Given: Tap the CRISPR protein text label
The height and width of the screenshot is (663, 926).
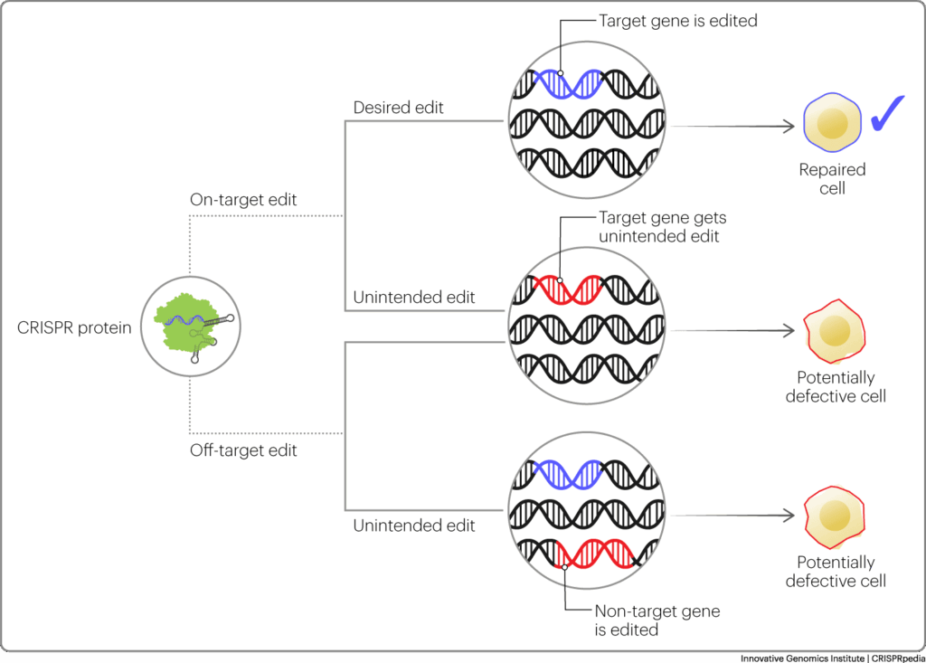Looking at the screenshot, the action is (x=74, y=327).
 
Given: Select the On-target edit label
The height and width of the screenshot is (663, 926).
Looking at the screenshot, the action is (x=243, y=200).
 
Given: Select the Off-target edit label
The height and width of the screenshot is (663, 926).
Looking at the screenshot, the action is (x=243, y=450).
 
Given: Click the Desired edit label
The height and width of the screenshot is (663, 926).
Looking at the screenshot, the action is (x=398, y=108).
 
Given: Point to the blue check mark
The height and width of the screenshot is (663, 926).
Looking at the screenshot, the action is (x=887, y=112).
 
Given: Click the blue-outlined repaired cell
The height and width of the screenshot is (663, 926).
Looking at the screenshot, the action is (x=832, y=122).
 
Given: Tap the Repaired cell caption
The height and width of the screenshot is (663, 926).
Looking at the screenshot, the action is (x=832, y=178).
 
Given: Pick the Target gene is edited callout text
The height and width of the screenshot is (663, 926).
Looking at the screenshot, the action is (x=678, y=21).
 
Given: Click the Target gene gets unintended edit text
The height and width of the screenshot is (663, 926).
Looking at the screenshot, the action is (x=663, y=227).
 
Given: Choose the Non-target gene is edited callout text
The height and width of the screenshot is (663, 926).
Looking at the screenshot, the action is (x=657, y=620).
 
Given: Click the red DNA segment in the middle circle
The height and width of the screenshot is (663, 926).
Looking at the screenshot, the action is (x=568, y=289).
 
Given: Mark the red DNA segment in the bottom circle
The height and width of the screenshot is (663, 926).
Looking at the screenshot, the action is (x=596, y=554).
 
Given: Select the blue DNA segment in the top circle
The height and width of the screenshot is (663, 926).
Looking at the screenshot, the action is (x=568, y=83).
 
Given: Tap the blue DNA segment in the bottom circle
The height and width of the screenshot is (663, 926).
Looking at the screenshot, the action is (x=568, y=474).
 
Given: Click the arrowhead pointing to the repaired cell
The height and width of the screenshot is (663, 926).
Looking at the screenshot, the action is (x=789, y=126).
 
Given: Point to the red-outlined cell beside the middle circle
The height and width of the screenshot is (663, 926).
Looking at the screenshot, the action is (x=834, y=331).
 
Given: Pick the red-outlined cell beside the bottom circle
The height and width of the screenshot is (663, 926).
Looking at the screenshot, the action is (x=834, y=517).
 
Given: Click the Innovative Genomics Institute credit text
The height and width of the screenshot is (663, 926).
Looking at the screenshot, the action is (x=832, y=658).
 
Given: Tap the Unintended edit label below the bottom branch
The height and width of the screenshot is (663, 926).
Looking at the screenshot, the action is (x=413, y=526).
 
